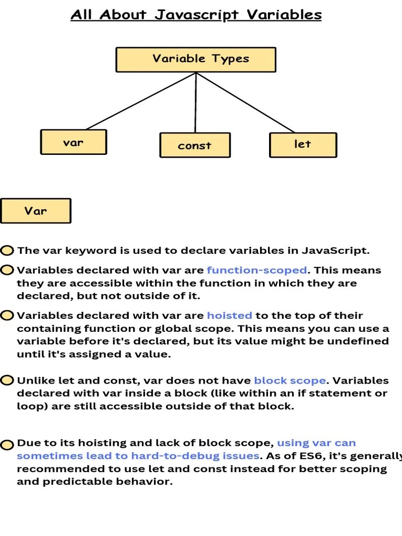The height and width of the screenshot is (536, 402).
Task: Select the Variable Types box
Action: click(195, 59)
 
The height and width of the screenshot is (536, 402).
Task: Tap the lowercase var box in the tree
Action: click(73, 142)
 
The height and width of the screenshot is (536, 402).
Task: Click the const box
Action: click(195, 146)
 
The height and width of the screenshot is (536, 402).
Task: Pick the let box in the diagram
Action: click(303, 144)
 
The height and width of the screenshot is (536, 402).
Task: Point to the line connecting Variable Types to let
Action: click(246, 103)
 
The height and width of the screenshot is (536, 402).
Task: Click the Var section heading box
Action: click(36, 211)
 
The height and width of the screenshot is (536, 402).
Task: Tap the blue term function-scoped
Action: click(256, 270)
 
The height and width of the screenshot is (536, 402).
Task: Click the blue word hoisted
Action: click(229, 315)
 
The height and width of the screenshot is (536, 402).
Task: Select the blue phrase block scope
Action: click(289, 381)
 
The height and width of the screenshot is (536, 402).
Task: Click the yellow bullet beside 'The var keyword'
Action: click(7, 251)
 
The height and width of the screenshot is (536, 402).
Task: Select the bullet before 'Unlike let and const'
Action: click(7, 381)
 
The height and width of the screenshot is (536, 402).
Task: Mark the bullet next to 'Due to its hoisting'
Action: click(7, 445)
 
